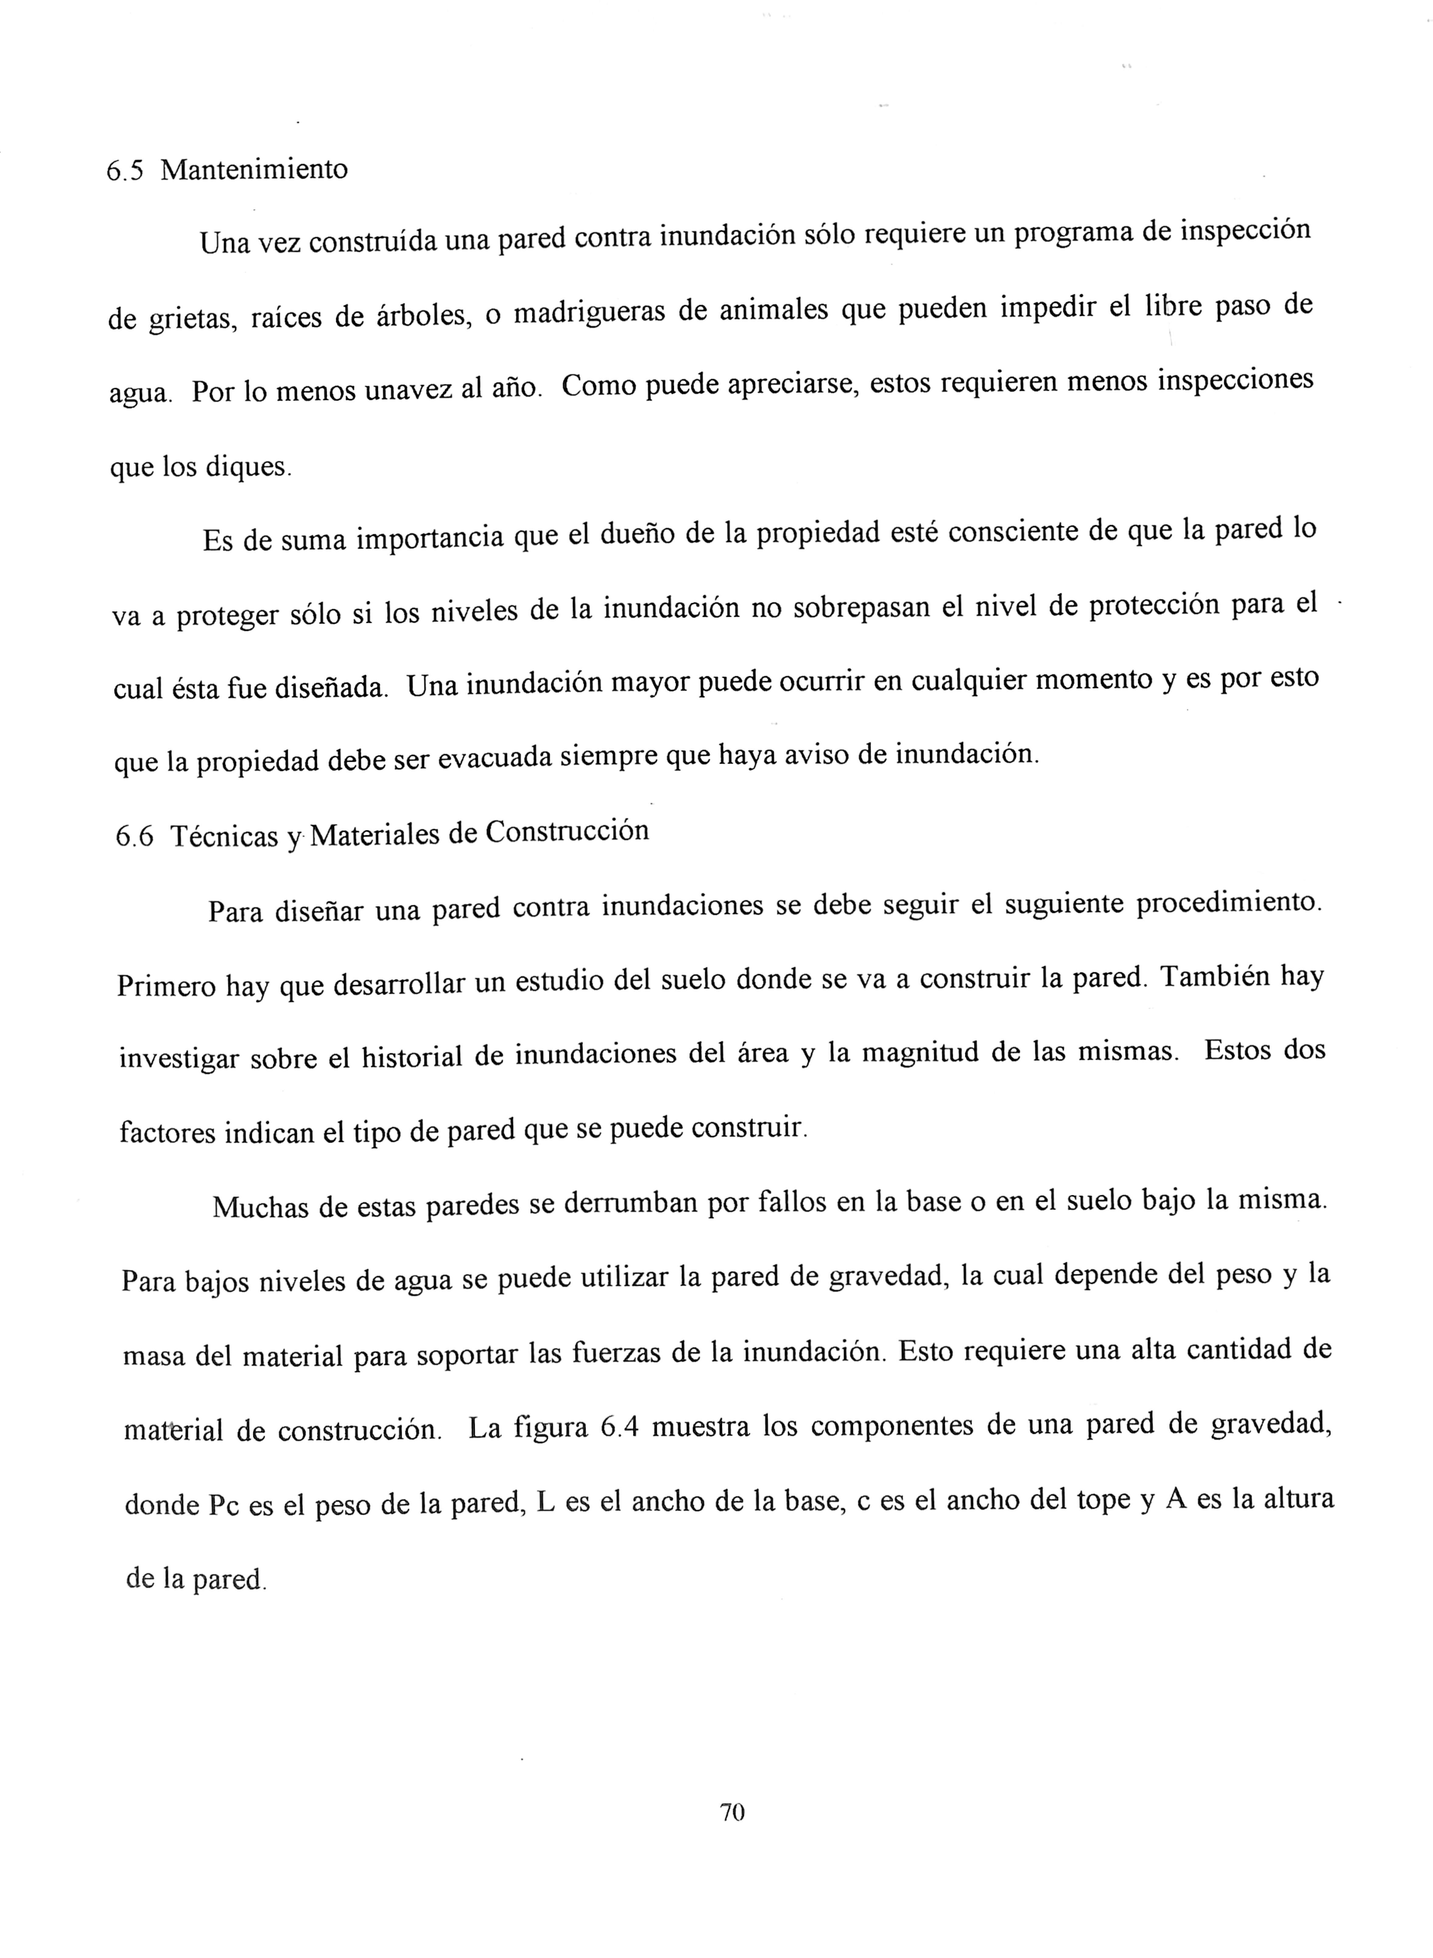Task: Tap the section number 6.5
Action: [x=124, y=171]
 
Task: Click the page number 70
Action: [x=732, y=1811]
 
